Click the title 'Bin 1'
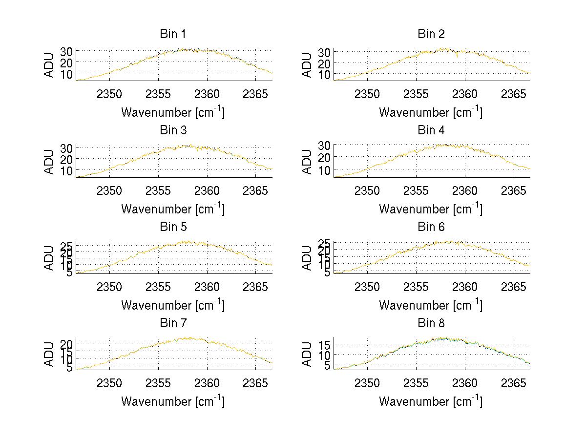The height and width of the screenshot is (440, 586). [172, 34]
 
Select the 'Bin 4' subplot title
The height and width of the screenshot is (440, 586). [431, 130]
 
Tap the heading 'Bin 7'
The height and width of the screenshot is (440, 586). [172, 323]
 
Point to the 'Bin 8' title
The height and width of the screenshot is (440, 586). [431, 323]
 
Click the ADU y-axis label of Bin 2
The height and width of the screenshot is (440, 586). [307, 65]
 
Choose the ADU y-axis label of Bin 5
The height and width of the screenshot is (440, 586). [49, 258]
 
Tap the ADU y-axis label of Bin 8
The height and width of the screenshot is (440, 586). [307, 354]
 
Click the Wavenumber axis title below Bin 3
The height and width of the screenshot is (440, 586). [172, 209]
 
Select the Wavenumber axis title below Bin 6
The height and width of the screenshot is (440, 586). [431, 305]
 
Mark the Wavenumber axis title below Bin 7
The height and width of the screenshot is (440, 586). [172, 401]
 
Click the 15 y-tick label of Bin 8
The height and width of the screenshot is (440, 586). [326, 345]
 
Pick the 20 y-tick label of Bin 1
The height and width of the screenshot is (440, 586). [68, 62]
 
